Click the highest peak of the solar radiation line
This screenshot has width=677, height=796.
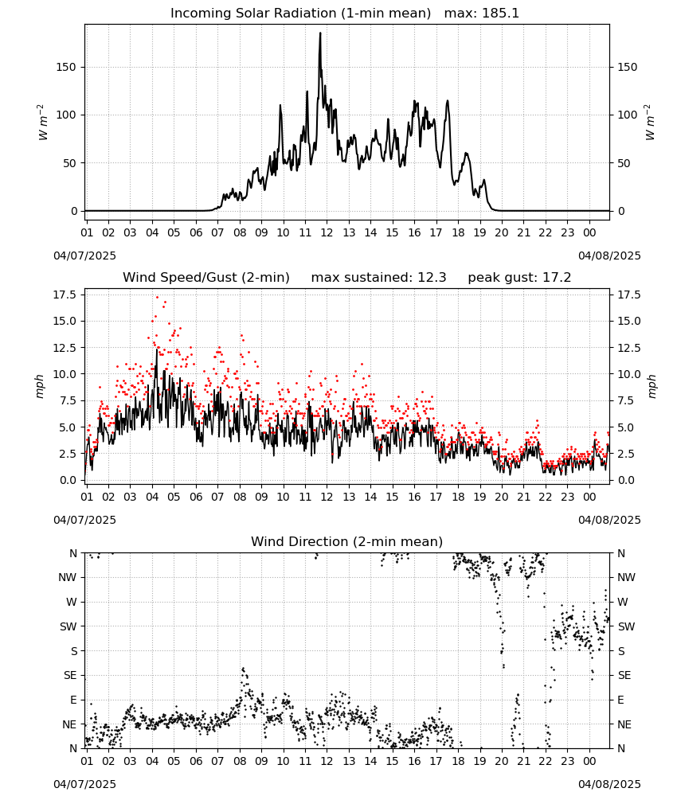click(320, 33)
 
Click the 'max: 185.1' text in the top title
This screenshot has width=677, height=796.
click(482, 14)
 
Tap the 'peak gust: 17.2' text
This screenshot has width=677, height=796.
click(519, 278)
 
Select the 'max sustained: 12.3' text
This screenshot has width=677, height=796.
click(378, 278)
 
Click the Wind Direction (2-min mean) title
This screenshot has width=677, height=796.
click(347, 541)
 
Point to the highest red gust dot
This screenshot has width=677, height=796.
click(157, 298)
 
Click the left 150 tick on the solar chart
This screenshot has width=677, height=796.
click(67, 67)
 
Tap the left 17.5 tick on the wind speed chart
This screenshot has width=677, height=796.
click(65, 295)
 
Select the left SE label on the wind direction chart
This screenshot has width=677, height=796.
click(70, 675)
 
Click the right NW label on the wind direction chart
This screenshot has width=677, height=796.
click(626, 578)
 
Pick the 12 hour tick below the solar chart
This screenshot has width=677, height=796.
click(327, 232)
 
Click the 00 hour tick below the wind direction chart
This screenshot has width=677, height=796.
click(589, 762)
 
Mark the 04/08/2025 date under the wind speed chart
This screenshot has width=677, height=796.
click(609, 521)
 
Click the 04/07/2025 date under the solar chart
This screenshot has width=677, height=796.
click(84, 256)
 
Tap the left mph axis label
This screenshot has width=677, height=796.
click(41, 386)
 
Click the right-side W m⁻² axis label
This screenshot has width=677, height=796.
click(650, 123)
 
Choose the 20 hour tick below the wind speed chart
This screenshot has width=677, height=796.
click(502, 497)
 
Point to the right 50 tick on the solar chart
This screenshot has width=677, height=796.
click(624, 163)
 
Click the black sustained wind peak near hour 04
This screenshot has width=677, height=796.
click(157, 349)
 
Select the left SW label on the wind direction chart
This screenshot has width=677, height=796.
click(68, 626)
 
